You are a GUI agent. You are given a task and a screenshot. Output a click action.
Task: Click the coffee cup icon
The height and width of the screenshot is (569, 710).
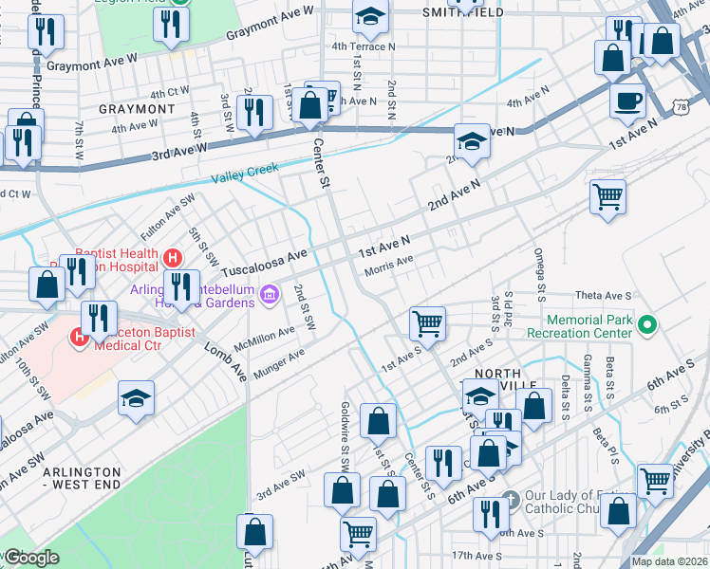pyautogui.click(x=627, y=101)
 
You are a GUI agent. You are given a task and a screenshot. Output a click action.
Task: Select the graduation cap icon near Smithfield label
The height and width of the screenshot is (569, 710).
pyautogui.click(x=370, y=16)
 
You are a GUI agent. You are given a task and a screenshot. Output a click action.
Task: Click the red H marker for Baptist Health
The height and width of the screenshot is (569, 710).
pyautogui.click(x=172, y=257)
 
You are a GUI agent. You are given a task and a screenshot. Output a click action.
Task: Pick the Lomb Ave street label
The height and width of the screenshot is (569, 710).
pyautogui.click(x=226, y=358)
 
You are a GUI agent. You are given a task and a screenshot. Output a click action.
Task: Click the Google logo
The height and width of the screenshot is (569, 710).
pyautogui.click(x=32, y=558)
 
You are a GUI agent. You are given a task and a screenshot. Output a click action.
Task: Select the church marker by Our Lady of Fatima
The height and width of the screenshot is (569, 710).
pyautogui.click(x=510, y=498)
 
